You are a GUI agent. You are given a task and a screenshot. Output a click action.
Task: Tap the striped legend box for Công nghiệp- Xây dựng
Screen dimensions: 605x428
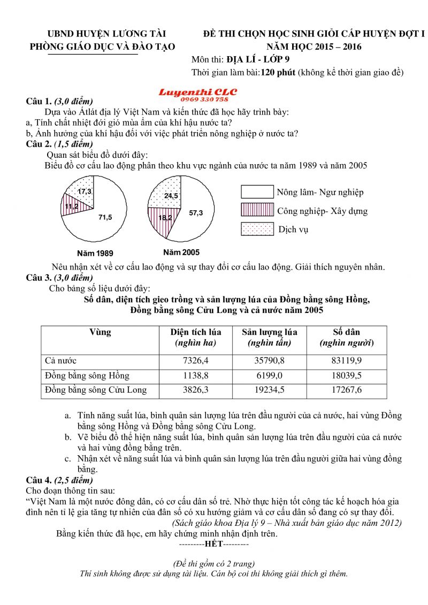[257, 210]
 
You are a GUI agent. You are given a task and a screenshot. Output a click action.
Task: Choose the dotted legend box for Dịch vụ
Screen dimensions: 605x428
[257, 229]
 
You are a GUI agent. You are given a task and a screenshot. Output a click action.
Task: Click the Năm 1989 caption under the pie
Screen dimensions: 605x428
[95, 253]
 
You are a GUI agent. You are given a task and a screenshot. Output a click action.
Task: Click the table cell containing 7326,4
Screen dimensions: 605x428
[195, 361]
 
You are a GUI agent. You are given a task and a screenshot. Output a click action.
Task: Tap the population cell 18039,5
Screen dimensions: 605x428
[346, 376]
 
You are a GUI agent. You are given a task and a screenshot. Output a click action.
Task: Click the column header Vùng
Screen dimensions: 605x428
[101, 332]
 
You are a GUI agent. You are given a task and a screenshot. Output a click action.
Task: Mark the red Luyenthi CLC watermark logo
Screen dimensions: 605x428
[197, 95]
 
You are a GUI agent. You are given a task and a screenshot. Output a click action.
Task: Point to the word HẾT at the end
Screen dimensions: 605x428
[214, 545]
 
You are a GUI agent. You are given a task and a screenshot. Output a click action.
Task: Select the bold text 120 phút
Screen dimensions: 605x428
[278, 72]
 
